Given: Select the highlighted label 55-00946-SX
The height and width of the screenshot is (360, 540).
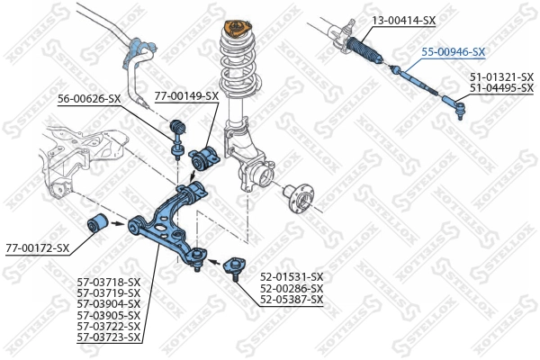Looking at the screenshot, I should point(454,52).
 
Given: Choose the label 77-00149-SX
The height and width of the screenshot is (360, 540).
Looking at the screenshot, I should point(186,95).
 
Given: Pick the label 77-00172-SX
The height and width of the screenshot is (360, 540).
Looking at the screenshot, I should point(37,247).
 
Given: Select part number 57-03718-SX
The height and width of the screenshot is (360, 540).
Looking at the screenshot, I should point(109,283).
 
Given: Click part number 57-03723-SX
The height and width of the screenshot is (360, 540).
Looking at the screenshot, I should point(109,337).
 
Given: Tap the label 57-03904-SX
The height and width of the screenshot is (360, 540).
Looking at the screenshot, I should point(109,304).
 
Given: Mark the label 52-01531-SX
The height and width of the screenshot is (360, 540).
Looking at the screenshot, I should point(292,276).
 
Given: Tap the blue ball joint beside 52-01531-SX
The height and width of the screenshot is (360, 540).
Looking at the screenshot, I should point(234,266).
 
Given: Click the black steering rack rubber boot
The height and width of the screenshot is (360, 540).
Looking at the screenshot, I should point(366,50).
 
